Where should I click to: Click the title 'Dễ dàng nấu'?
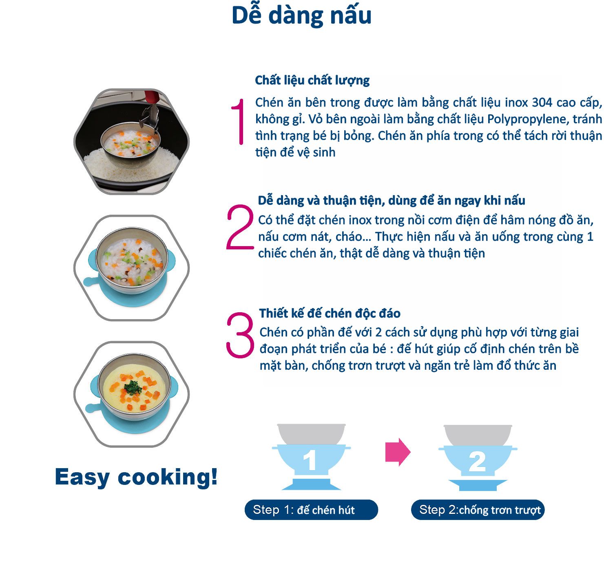[x=301, y=16]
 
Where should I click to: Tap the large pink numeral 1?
[x=239, y=122]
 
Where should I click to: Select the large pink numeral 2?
[x=240, y=227]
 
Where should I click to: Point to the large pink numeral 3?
[x=240, y=335]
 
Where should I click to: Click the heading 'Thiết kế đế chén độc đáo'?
[x=330, y=313]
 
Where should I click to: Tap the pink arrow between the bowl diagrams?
[x=398, y=452]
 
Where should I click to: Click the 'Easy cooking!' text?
[x=136, y=477]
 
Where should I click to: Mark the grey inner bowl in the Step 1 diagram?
[x=311, y=433]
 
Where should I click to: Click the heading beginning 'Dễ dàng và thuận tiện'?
[x=392, y=200]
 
